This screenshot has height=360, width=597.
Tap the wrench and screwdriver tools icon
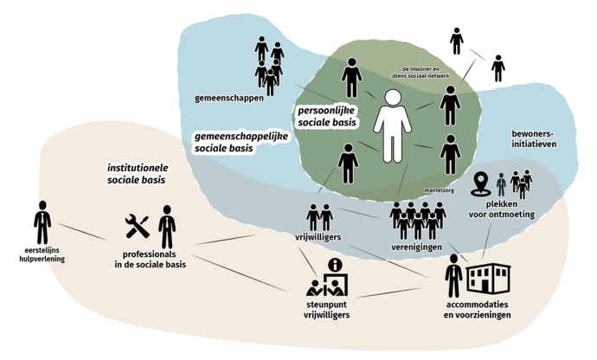click(x=138, y=227)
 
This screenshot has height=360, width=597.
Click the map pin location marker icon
click(x=482, y=183)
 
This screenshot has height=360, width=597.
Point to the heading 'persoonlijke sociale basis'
click(x=327, y=117)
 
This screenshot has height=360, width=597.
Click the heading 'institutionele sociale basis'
click(x=136, y=173)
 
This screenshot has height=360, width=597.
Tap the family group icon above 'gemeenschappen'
click(x=269, y=65)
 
